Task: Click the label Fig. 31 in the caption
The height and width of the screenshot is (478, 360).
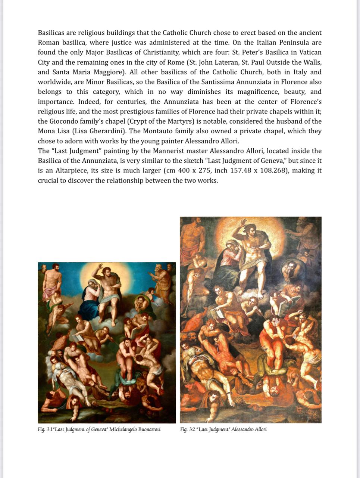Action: tap(46, 429)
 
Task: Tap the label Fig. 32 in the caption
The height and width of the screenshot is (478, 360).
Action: tap(188, 429)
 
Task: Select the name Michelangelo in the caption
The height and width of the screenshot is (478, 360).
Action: tap(123, 429)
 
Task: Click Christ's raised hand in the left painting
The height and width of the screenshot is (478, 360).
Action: tap(100, 267)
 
